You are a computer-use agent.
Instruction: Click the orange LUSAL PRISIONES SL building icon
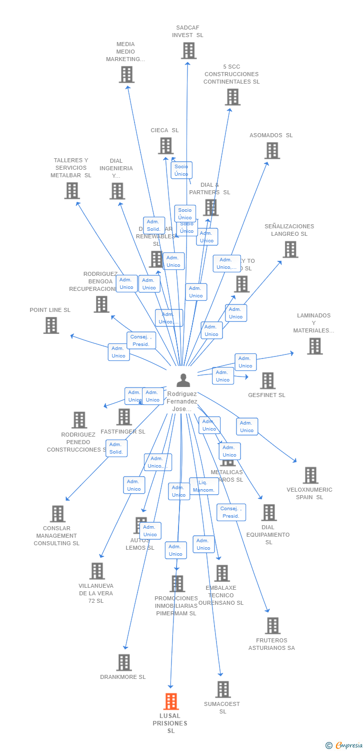click(x=171, y=701)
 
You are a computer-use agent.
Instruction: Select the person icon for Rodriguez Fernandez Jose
click(x=183, y=381)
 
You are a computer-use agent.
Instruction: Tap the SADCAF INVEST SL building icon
click(x=188, y=51)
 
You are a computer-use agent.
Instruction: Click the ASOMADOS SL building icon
click(x=272, y=150)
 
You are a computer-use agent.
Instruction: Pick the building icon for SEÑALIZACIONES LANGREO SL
click(x=290, y=249)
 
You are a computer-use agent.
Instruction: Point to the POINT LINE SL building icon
click(x=51, y=325)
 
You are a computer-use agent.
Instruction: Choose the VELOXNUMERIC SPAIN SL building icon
click(x=310, y=475)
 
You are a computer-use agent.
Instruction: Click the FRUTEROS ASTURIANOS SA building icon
click(x=272, y=625)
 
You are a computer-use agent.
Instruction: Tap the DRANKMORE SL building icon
click(x=124, y=662)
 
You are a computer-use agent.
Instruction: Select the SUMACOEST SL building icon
click(x=223, y=689)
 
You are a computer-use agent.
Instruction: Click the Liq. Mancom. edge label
click(x=203, y=486)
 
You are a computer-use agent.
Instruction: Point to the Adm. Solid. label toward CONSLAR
click(x=116, y=448)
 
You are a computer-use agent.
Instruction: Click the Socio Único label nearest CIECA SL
click(x=181, y=170)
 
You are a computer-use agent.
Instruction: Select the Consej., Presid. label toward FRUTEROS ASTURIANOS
click(x=231, y=512)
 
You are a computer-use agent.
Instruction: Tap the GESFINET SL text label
click(x=266, y=395)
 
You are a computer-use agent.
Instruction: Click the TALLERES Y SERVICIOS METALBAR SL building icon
click(x=72, y=190)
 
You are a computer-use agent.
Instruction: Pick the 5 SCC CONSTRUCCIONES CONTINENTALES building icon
click(x=232, y=97)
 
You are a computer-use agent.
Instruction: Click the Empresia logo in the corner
click(x=344, y=745)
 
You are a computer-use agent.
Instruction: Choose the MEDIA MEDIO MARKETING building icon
click(x=127, y=75)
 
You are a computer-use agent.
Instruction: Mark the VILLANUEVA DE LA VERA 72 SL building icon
click(x=97, y=571)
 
